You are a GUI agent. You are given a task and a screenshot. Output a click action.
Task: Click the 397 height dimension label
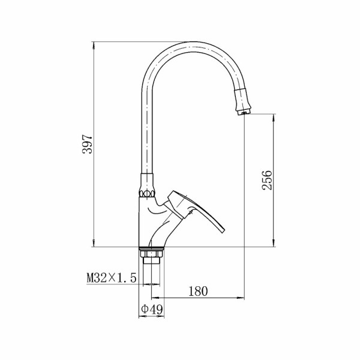87,144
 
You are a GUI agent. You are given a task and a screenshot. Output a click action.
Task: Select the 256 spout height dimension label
267,180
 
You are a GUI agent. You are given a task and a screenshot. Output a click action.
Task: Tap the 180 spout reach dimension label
198,291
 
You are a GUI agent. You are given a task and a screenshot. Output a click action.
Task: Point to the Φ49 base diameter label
152,309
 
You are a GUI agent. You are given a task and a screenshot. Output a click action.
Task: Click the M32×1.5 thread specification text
112,278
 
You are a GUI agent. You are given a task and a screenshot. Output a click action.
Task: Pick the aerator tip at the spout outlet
244,112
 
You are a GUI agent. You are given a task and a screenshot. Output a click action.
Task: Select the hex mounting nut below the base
152,253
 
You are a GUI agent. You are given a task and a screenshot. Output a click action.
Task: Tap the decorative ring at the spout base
147,194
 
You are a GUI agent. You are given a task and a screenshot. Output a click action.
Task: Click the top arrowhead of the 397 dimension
94,46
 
